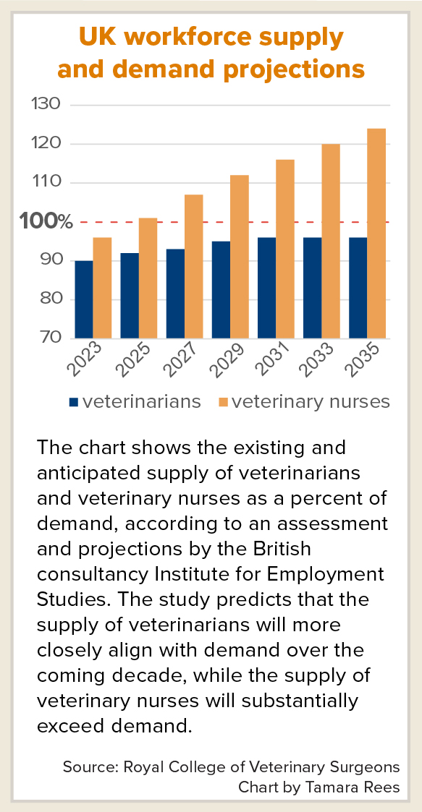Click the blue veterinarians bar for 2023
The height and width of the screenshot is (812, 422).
tap(84, 299)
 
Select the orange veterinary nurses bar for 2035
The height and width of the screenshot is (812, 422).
tap(376, 234)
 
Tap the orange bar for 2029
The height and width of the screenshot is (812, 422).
tap(240, 257)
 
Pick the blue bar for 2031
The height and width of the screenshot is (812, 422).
tap(266, 288)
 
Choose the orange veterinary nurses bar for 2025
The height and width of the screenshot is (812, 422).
tap(148, 278)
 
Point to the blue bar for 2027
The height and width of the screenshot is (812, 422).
tap(175, 294)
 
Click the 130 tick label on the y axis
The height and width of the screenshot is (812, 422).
tap(46, 105)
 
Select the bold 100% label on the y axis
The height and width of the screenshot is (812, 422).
tap(46, 222)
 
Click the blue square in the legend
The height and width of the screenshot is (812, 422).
tap(73, 402)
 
